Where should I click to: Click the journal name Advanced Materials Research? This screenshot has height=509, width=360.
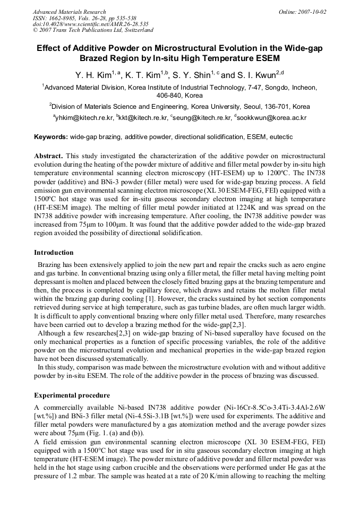pyautogui.click(x=69, y=12)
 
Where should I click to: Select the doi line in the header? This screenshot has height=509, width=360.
pyautogui.click(x=90, y=24)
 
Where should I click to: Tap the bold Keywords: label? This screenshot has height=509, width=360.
pyautogui.click(x=51, y=137)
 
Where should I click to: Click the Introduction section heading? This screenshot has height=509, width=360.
pyautogui.click(x=54, y=253)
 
